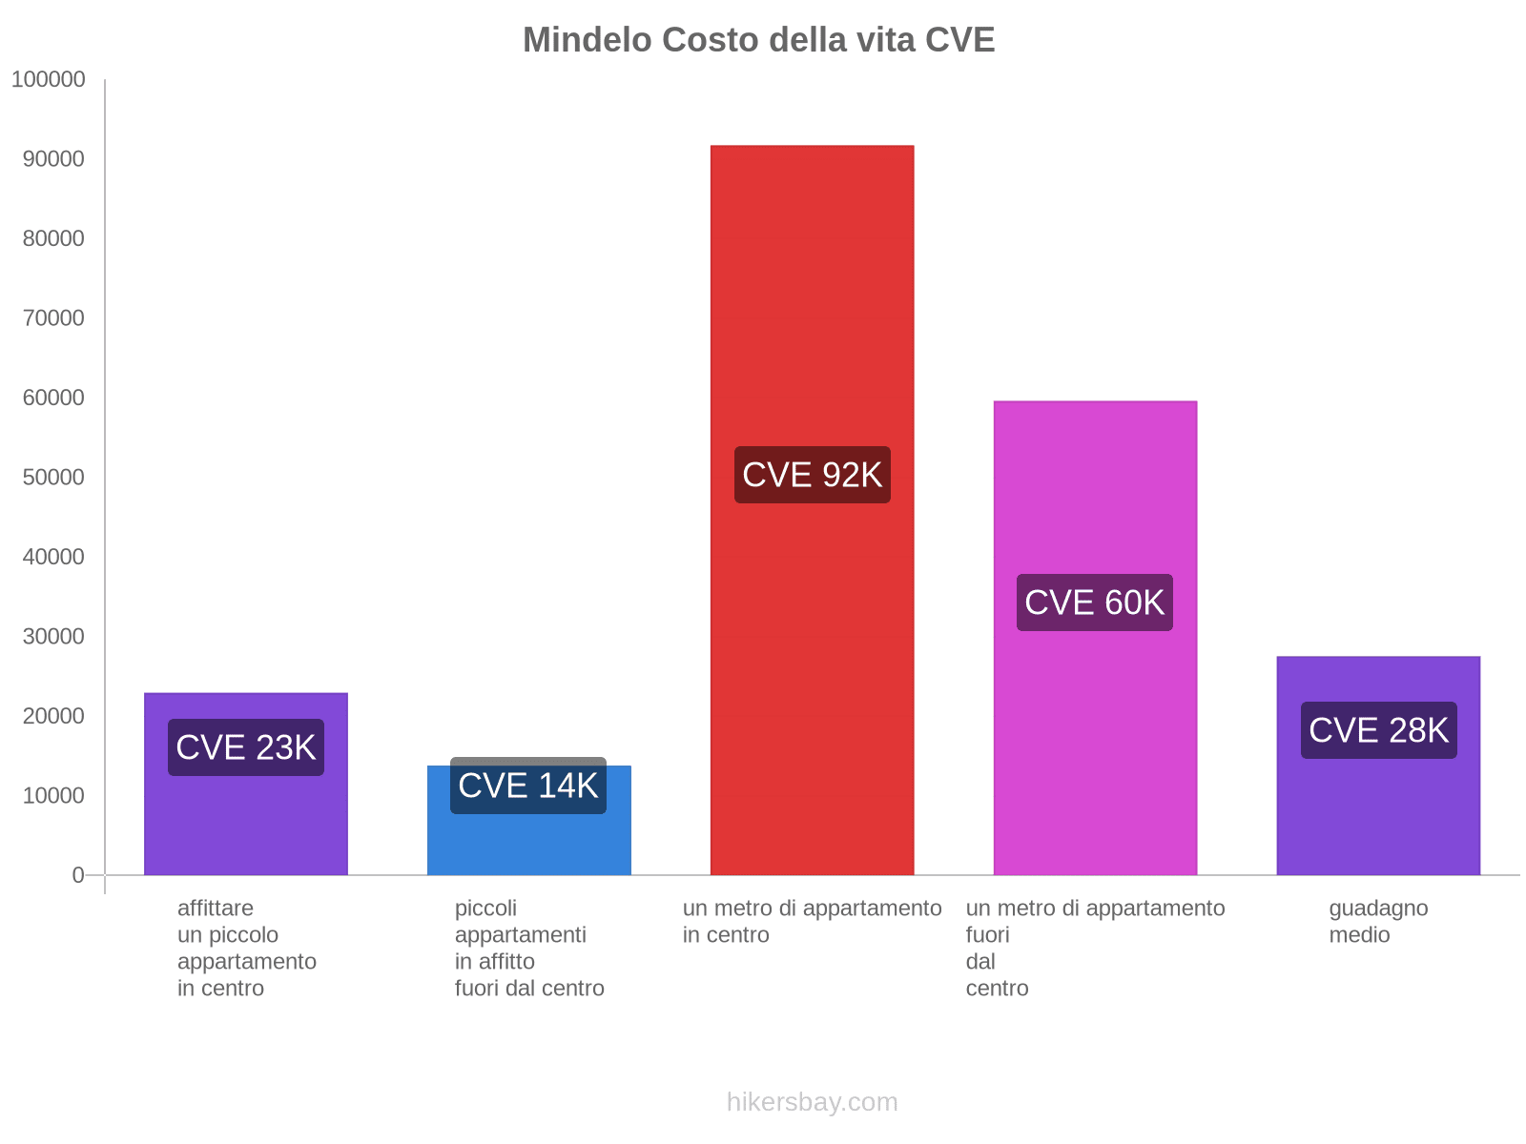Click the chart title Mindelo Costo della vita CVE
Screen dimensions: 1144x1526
(758, 40)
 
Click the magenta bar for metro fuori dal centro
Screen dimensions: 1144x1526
(1095, 744)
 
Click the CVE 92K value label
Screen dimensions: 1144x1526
(812, 475)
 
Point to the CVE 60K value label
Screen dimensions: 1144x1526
(1095, 603)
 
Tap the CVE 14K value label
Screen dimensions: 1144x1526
(528, 786)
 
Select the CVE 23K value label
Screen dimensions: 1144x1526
(246, 747)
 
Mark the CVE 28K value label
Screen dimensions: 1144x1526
(1378, 730)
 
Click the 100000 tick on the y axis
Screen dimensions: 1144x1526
(49, 80)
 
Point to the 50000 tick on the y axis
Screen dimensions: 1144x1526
(53, 478)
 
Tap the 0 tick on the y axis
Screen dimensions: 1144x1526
(78, 875)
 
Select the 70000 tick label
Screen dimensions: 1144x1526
(53, 318)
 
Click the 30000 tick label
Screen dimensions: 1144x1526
(53, 637)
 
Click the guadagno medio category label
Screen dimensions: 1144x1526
(1378, 921)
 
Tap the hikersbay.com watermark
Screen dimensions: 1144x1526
(812, 1102)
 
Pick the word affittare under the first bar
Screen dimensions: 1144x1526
(216, 909)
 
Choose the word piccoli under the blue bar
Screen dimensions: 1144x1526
(485, 909)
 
